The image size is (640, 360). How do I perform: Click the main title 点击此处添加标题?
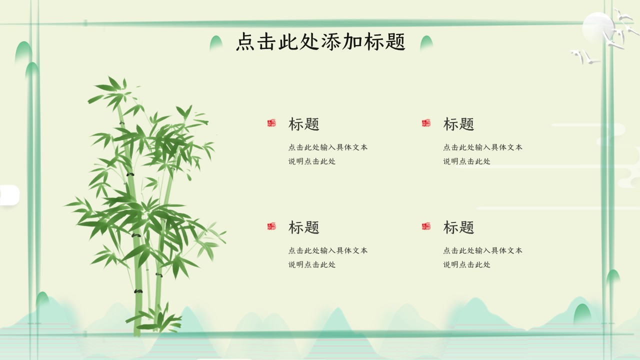coord(320,41)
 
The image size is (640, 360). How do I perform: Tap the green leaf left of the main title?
coord(216,43)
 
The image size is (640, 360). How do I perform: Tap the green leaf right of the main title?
coord(426,43)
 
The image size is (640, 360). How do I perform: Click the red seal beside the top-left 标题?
coord(271,123)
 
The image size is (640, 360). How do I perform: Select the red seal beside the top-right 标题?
coord(426,123)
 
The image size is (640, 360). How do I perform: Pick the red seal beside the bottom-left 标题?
coord(271,226)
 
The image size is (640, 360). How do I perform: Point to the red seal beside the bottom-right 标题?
coord(426,226)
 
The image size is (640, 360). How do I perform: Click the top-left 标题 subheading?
coord(303,124)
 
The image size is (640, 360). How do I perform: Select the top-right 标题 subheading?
coord(458,124)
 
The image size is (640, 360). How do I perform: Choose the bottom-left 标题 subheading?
coord(303,227)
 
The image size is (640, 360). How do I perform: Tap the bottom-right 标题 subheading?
coord(458,227)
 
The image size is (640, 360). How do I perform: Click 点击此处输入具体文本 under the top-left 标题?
coord(328,147)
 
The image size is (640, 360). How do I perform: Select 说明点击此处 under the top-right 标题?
coord(467,161)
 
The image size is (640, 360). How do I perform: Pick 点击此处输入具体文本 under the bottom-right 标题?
coord(483,250)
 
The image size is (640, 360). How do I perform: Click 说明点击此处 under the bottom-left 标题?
coord(312,264)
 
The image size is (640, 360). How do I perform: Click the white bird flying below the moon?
coord(584,56)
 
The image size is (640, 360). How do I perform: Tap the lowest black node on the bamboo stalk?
coord(138,291)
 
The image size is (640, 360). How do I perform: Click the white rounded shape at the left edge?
coord(9,195)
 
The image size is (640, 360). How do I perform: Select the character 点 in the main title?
coord(245,41)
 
